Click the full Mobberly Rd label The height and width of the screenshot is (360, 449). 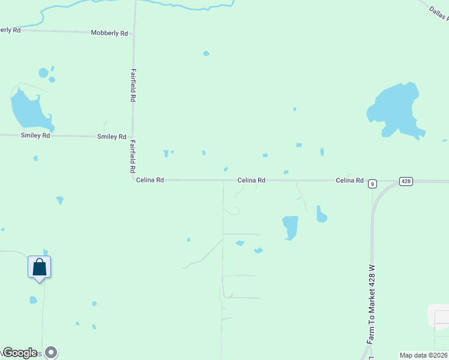[109, 33]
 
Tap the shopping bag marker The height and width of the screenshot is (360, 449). [40, 267]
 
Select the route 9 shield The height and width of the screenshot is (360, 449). [373, 184]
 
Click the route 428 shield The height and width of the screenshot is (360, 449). [406, 181]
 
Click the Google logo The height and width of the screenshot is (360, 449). [20, 353]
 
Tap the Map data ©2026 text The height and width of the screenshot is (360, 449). [423, 355]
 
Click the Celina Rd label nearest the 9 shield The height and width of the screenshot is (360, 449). [350, 180]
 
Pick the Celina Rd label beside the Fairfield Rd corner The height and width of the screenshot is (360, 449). [150, 179]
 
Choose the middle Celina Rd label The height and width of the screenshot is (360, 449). [252, 180]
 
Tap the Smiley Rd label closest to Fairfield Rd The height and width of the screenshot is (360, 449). [112, 137]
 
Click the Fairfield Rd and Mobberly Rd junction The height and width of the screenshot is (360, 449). [134, 33]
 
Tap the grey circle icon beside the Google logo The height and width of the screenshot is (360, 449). [52, 352]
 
